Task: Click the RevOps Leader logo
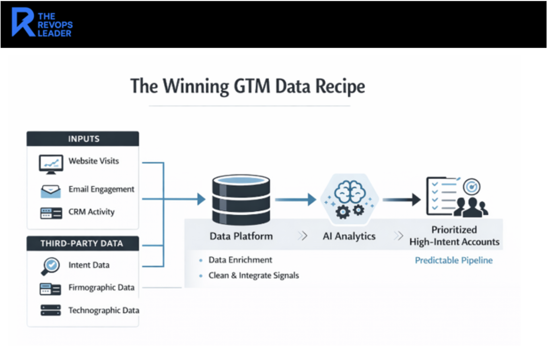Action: (42, 24)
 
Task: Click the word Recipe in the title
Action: (340, 86)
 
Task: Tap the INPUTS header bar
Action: (83, 139)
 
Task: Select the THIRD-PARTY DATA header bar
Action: (83, 243)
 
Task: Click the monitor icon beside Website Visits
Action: (51, 164)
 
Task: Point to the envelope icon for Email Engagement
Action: (51, 191)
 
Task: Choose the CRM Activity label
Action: (91, 212)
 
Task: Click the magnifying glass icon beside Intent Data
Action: (51, 266)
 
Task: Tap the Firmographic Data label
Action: (101, 287)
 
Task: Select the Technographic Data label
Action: (103, 310)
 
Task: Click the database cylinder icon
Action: (241, 199)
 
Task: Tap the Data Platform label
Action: (241, 236)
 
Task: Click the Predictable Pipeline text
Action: (454, 260)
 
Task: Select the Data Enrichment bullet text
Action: (240, 260)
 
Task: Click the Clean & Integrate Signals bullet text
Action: (254, 275)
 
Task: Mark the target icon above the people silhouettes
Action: (472, 186)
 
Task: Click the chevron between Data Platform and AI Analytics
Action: (303, 236)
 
